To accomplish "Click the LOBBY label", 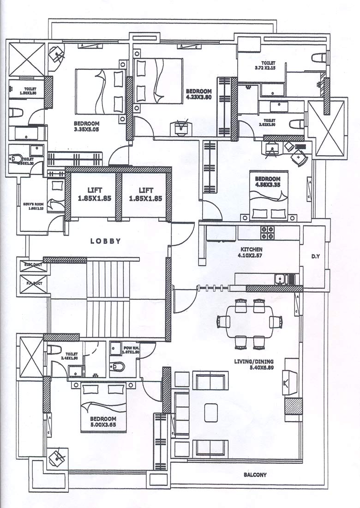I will coord(106,241).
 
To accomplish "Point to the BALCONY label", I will coord(255,475).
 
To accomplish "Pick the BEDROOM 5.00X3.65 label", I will coord(103,422).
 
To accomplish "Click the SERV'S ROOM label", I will coord(33,206).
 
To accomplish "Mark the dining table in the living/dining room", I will coord(248,321).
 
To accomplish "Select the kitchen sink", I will coord(280,278).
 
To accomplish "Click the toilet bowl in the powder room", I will coord(118,367).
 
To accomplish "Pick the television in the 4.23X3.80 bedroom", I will coord(180,127).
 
